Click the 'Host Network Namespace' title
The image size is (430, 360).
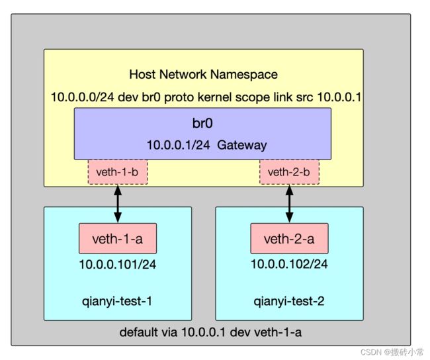tap(203, 74)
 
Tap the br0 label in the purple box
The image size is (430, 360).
tap(202, 123)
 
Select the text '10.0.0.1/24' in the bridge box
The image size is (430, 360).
tap(179, 145)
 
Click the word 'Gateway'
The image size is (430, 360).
tap(242, 146)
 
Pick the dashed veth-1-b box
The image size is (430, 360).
tap(118, 172)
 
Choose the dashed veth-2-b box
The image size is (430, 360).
tap(289, 172)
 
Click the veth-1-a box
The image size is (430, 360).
tap(118, 238)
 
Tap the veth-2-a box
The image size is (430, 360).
tap(289, 238)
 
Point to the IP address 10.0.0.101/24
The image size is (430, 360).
tap(118, 265)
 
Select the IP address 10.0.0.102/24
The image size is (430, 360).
tap(289, 264)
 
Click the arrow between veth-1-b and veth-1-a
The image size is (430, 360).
tap(118, 204)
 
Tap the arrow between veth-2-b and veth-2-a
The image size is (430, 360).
tap(289, 204)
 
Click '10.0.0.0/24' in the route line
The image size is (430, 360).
tap(83, 97)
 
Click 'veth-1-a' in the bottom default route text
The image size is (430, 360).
tap(278, 332)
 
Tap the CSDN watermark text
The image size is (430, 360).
tap(392, 352)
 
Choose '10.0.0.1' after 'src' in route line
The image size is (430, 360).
tap(339, 97)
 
